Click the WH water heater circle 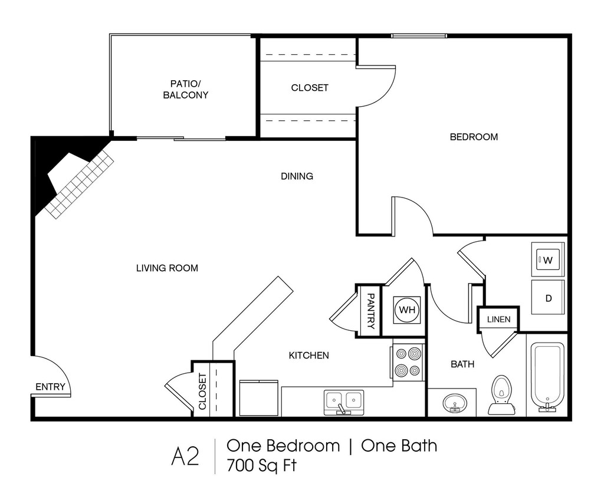pos(407,310)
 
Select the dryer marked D pos(548,297)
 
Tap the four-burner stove pos(408,362)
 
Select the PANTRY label pos(370,311)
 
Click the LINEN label pos(498,319)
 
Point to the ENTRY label pos(51,387)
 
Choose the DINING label pos(297,176)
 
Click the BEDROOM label pos(474,137)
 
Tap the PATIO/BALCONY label pos(185,89)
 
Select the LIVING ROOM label pos(167,268)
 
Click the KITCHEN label pos(309,356)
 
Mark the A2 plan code pos(185,456)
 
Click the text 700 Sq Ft pos(261,465)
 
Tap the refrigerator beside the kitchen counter pos(258,398)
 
